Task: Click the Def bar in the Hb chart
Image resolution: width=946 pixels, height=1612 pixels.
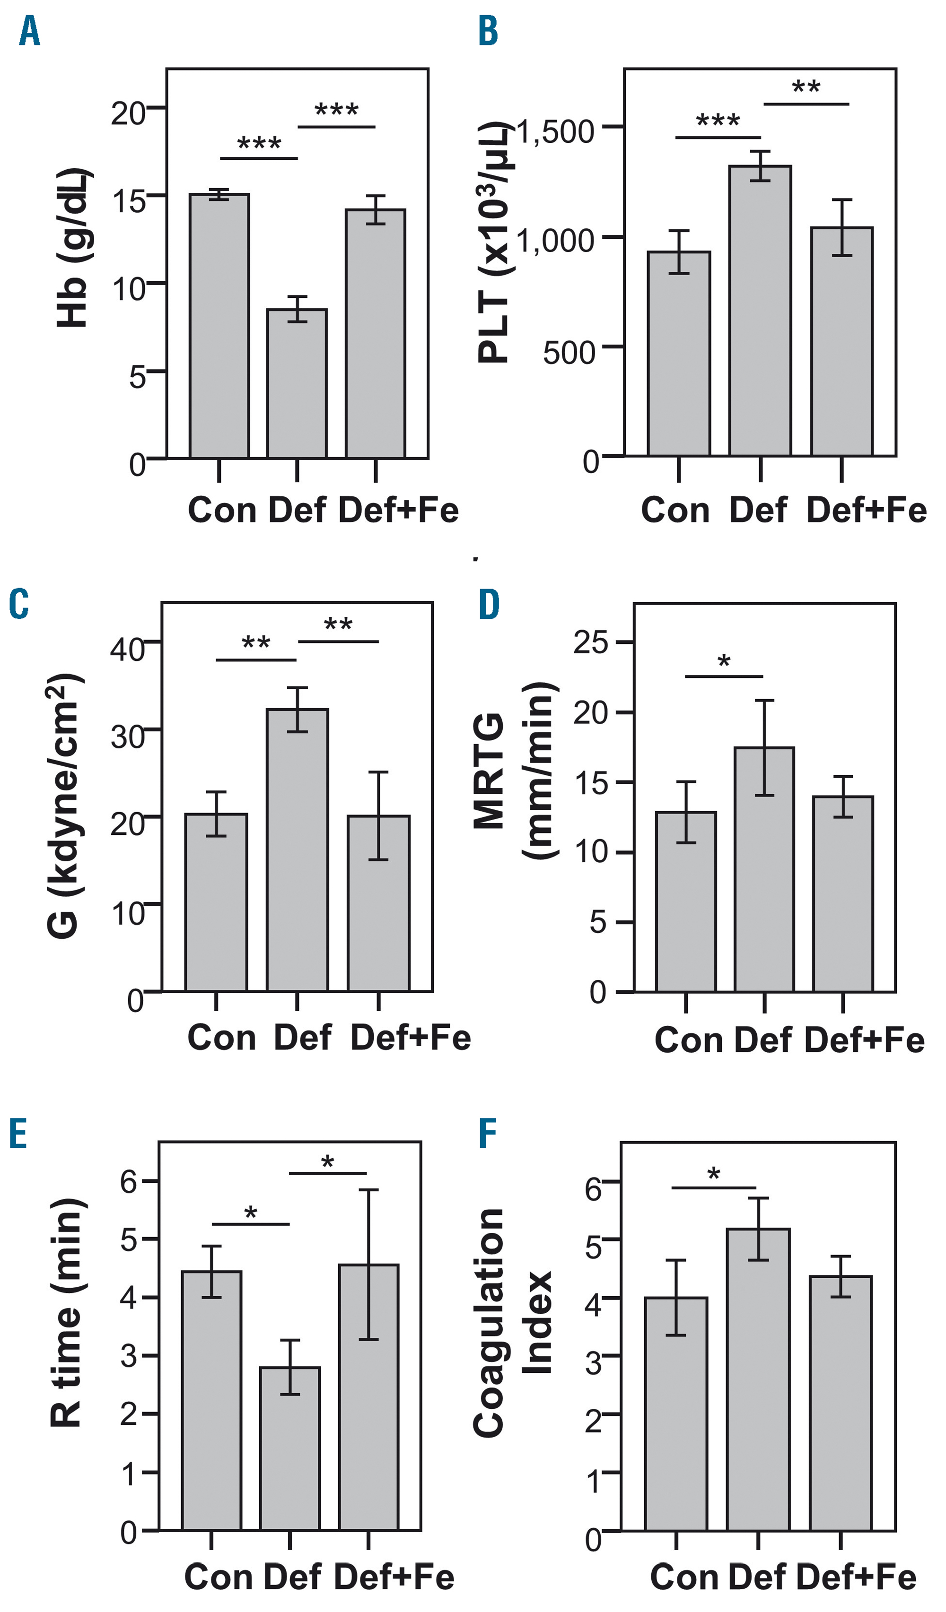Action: click(297, 384)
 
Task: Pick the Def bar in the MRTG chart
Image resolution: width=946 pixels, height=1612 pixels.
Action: click(764, 870)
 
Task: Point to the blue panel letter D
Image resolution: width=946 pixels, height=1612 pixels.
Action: click(489, 605)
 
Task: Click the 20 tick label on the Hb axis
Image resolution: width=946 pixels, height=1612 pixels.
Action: click(128, 114)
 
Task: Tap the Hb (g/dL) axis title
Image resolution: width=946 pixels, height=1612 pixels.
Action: click(72, 248)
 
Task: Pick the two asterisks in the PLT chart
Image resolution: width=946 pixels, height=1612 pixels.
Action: click(806, 87)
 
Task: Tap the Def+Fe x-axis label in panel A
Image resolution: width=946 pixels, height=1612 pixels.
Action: click(398, 511)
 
